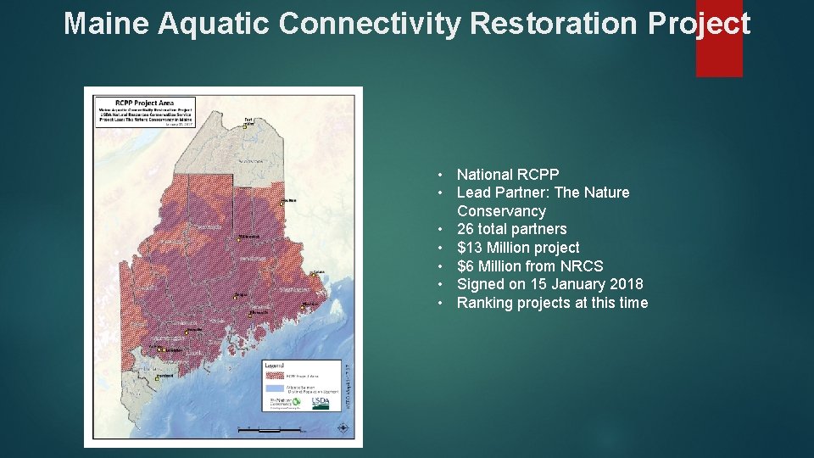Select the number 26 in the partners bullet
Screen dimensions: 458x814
click(x=466, y=229)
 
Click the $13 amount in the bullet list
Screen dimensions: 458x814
click(x=470, y=248)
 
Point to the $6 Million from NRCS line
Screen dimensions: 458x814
click(x=530, y=266)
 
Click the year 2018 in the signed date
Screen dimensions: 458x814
click(x=626, y=284)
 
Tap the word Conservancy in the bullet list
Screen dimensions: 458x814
click(x=501, y=211)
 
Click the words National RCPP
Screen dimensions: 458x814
click(x=508, y=175)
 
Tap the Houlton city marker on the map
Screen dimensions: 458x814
click(x=282, y=203)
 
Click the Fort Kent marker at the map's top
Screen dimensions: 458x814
click(x=246, y=126)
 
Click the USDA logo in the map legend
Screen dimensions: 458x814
click(x=321, y=403)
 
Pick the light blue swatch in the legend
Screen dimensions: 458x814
click(x=274, y=387)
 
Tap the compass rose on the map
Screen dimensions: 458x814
click(x=342, y=428)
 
